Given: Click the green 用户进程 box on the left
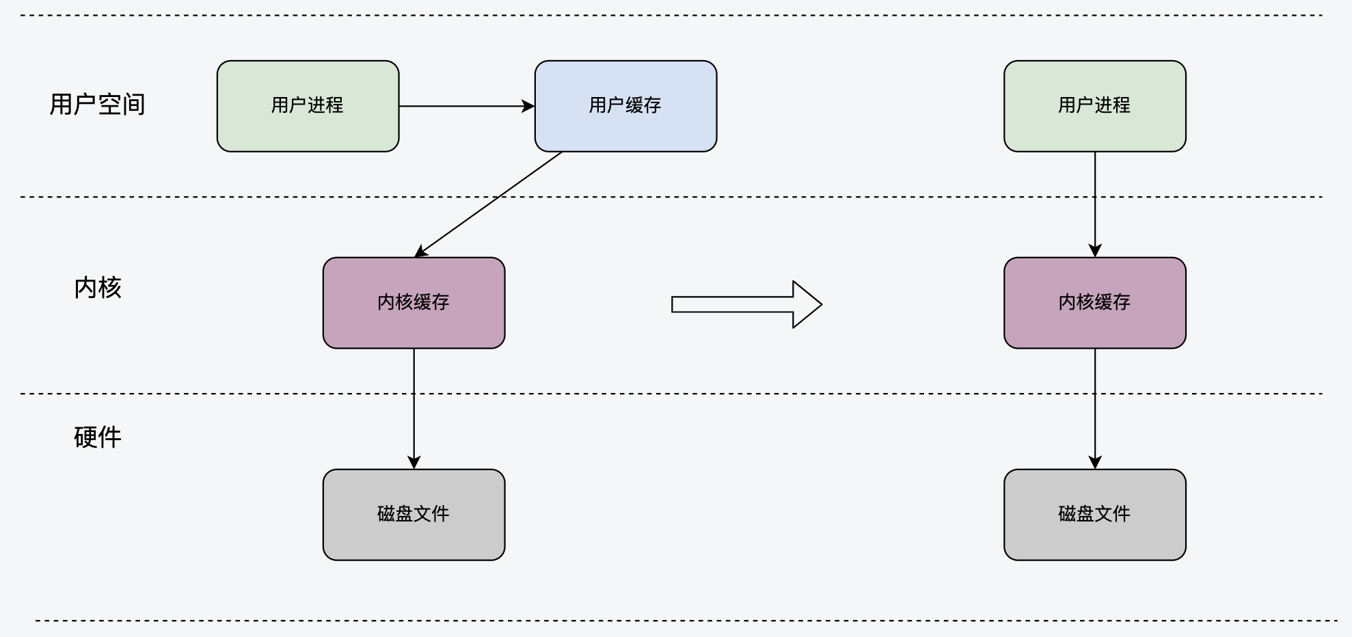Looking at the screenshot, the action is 308,106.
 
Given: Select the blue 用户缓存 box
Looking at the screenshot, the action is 625,106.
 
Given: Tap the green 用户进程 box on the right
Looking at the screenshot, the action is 1094,106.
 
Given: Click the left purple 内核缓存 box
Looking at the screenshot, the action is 414,303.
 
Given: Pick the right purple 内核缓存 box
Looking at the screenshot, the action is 1094,303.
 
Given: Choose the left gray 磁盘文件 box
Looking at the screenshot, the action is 414,515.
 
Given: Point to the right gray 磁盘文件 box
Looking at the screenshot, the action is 1094,515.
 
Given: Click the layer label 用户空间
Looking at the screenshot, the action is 97,105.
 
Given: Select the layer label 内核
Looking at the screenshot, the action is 98,288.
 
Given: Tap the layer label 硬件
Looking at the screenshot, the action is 98,437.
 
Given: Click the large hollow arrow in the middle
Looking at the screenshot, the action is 746,304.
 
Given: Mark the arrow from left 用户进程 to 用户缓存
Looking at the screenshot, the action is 467,106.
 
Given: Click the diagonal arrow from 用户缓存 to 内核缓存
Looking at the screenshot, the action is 488,204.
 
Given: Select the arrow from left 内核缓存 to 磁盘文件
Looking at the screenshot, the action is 414,409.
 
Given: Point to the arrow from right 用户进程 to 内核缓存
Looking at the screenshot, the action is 1095,204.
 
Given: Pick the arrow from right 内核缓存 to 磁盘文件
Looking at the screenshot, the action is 1095,409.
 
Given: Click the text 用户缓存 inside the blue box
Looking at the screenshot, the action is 625,105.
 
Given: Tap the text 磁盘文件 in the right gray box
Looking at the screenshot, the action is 1094,514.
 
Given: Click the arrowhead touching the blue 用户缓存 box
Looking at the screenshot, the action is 528,106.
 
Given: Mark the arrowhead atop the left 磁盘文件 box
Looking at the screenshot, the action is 414,463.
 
